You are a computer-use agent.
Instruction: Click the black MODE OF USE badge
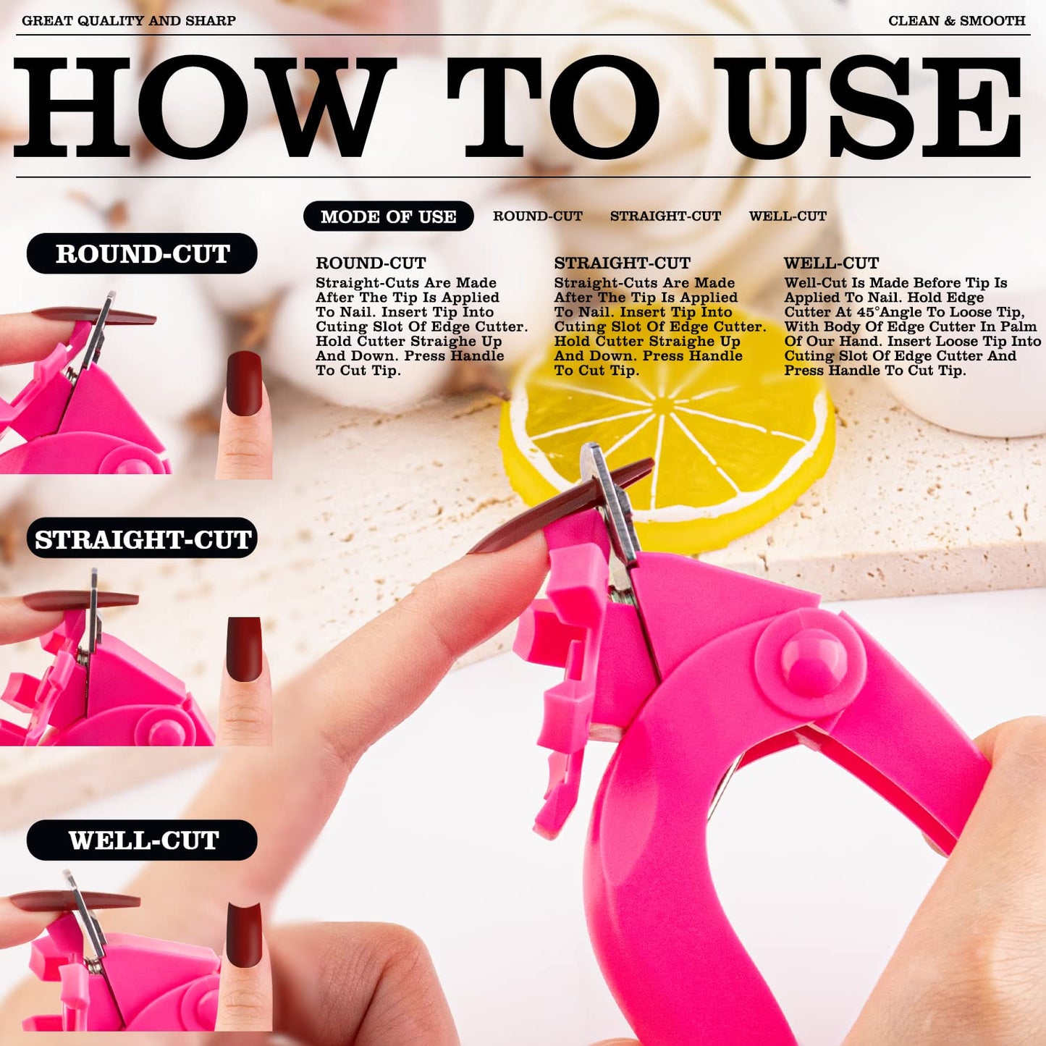coord(388,216)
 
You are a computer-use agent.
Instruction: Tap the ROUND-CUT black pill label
coord(142,253)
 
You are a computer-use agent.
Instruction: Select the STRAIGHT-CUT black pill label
coord(142,539)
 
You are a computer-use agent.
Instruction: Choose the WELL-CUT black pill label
coord(142,840)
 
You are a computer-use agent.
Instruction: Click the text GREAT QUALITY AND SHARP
coord(129,20)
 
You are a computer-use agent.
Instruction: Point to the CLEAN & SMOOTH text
coord(956,20)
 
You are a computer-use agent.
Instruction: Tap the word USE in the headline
coord(868,107)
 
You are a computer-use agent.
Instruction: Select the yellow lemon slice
coord(667,434)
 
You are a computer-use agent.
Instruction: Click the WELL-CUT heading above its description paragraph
coord(831,263)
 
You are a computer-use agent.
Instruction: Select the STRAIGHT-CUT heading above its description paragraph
coord(622,263)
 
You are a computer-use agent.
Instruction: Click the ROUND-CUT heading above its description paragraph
coord(371,263)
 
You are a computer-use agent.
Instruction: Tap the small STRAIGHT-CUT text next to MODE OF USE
coord(665,216)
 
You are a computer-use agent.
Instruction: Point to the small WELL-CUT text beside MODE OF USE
coord(788,216)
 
